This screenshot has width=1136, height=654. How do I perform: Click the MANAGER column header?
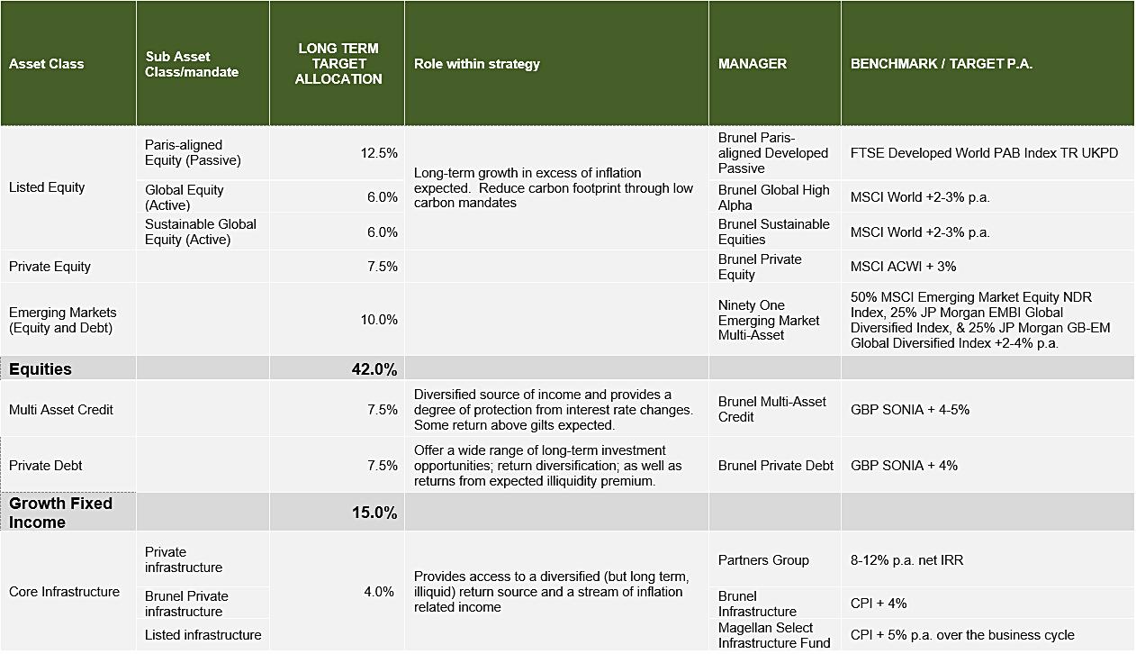(x=753, y=64)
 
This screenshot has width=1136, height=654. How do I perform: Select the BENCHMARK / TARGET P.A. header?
(x=941, y=64)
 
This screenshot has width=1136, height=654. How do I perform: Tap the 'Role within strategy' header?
(x=477, y=64)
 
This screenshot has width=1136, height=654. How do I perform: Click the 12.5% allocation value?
(x=379, y=153)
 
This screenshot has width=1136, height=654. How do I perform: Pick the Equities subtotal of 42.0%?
(x=374, y=369)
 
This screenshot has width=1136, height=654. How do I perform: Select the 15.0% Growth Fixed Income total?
(x=374, y=513)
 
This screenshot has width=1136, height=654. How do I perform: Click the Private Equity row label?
(x=50, y=267)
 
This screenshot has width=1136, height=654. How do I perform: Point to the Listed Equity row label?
(x=47, y=187)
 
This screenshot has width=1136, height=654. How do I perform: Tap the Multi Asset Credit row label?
(x=61, y=410)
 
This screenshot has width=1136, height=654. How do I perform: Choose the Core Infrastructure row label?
(x=64, y=592)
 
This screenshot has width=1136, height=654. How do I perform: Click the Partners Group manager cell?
(x=763, y=560)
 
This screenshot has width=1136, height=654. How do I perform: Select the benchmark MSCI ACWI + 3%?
(x=903, y=267)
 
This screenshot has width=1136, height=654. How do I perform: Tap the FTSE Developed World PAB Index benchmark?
(x=984, y=153)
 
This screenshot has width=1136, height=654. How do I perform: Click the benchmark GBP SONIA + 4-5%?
(x=909, y=410)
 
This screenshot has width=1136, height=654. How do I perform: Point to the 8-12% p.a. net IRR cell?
(x=906, y=560)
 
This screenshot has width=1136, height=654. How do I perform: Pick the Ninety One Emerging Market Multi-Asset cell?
(x=769, y=320)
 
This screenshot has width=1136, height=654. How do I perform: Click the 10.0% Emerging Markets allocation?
(x=379, y=320)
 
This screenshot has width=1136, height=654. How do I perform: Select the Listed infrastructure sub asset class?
(x=203, y=635)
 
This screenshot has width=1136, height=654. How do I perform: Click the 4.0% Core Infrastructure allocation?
(x=379, y=592)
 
